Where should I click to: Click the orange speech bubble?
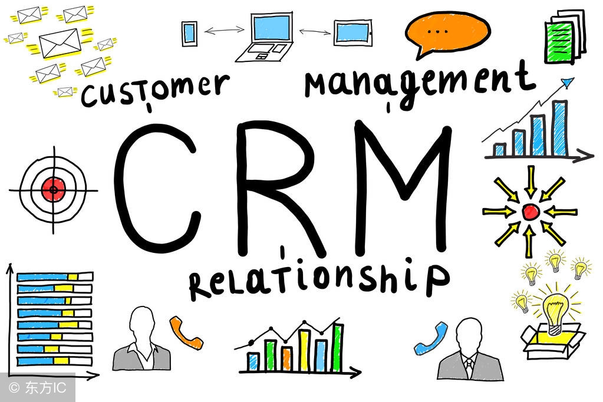click(x=447, y=32)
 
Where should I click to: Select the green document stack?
click(x=564, y=37)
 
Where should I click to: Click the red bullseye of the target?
click(x=54, y=189)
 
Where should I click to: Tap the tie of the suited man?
click(x=469, y=368)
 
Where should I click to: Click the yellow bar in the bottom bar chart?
click(x=304, y=351)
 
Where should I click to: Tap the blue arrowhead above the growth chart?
click(x=567, y=83)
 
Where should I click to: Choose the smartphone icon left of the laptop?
click(x=189, y=34)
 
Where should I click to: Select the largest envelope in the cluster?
click(x=60, y=43)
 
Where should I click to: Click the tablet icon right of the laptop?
click(x=352, y=32)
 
